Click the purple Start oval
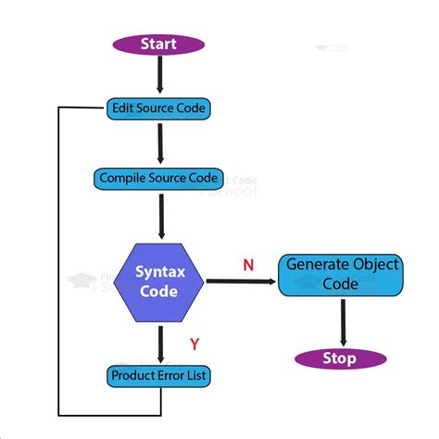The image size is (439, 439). (x=158, y=44)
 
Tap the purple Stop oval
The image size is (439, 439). (x=340, y=358)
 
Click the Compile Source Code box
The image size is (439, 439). (x=158, y=178)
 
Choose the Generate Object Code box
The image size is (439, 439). (x=341, y=274)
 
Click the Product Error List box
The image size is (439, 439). (x=158, y=376)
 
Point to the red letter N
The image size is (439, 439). (x=247, y=265)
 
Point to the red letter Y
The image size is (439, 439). (x=194, y=345)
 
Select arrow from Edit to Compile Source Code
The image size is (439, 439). (x=159, y=144)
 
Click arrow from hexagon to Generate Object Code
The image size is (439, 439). (x=241, y=281)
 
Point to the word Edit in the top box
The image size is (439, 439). (x=123, y=108)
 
